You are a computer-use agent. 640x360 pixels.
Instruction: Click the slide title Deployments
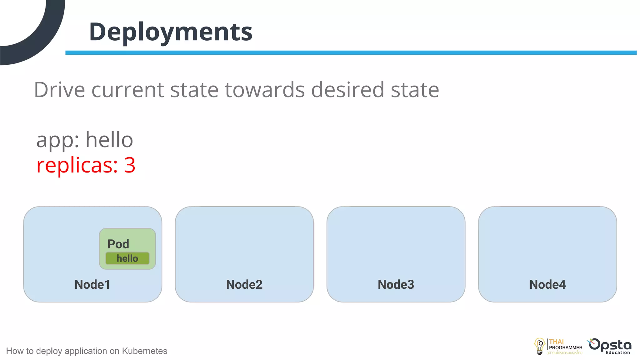pyautogui.click(x=171, y=32)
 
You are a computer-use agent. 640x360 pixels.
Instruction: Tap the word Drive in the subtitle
pyautogui.click(x=59, y=90)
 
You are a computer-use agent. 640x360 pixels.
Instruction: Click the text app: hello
pyautogui.click(x=85, y=140)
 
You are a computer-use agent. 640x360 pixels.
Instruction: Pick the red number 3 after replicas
pyautogui.click(x=130, y=165)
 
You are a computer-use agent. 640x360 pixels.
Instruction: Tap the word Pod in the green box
pyautogui.click(x=118, y=244)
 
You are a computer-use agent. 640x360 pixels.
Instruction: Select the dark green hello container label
pyautogui.click(x=127, y=258)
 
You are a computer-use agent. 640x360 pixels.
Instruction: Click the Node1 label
pyautogui.click(x=92, y=285)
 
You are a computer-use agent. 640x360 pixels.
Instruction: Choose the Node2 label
pyautogui.click(x=244, y=285)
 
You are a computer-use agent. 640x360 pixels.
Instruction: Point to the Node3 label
pyautogui.click(x=396, y=285)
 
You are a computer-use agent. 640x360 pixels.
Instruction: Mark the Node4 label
pyautogui.click(x=547, y=285)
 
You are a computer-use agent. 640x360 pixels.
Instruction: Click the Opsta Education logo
pyautogui.click(x=610, y=346)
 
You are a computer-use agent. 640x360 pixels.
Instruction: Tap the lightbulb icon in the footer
pyautogui.click(x=540, y=346)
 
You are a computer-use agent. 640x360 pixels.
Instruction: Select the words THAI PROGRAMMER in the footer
pyautogui.click(x=565, y=345)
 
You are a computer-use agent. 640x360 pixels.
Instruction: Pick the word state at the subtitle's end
pyautogui.click(x=415, y=90)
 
